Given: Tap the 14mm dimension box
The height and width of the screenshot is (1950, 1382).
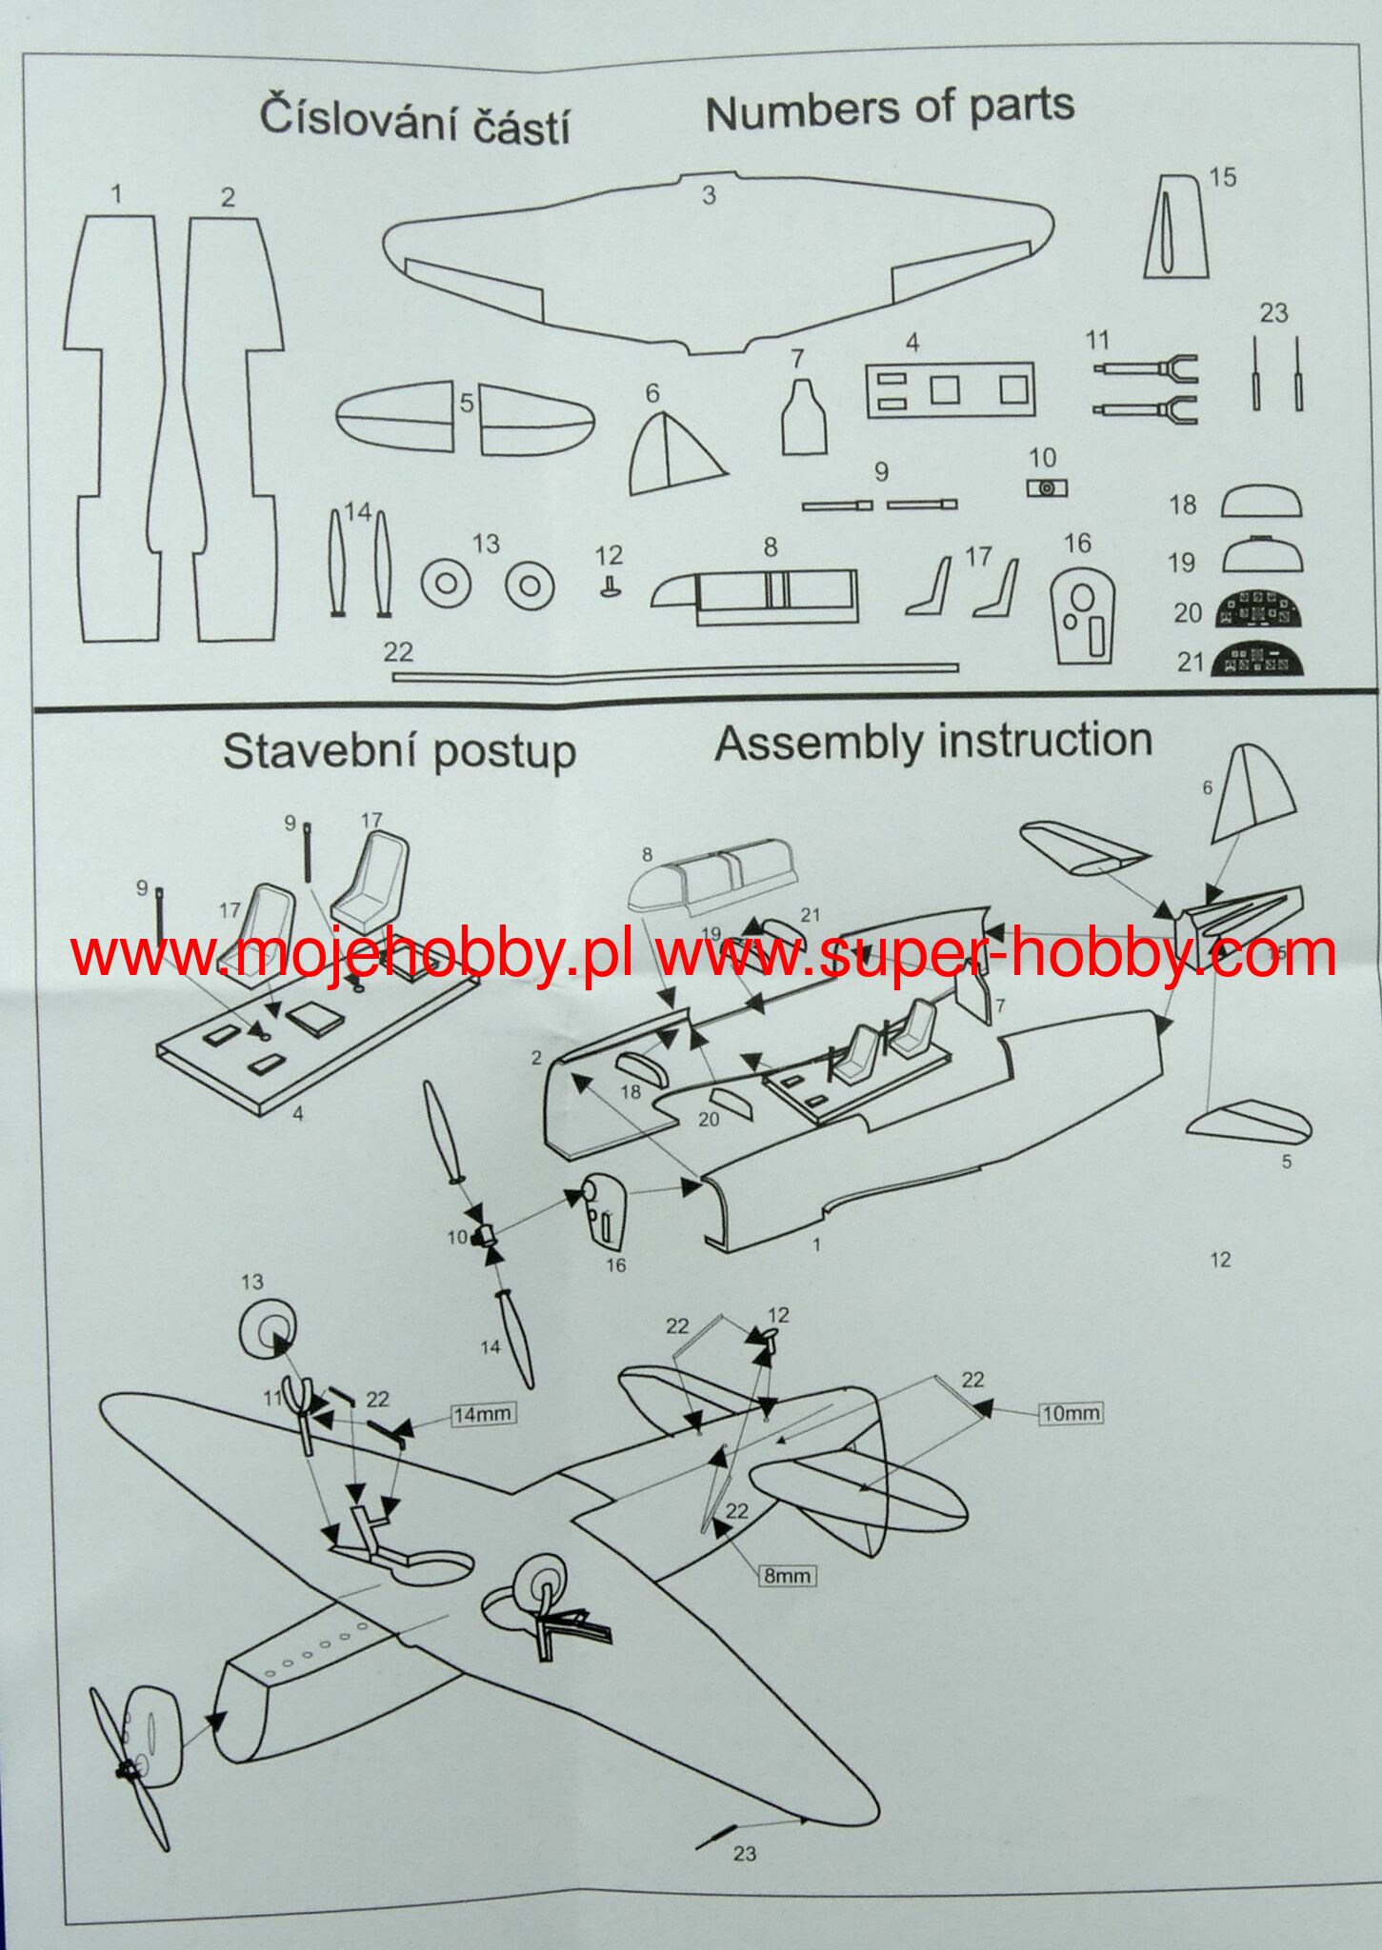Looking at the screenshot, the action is [x=482, y=1414].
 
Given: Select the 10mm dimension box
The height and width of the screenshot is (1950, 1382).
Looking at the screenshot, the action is [x=1071, y=1413].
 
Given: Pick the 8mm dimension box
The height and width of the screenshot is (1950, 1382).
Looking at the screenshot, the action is [x=787, y=1576].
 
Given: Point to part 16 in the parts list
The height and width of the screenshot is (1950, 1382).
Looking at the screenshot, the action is [x=1083, y=615].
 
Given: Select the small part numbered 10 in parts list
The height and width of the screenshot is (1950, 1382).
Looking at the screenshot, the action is [x=1047, y=487].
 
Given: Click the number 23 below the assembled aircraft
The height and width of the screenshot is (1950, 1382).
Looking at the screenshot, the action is [x=745, y=1853].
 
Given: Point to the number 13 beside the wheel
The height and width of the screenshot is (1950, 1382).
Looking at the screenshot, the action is [x=251, y=1282].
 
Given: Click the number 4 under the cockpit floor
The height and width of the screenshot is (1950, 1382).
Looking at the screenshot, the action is [x=298, y=1113].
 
